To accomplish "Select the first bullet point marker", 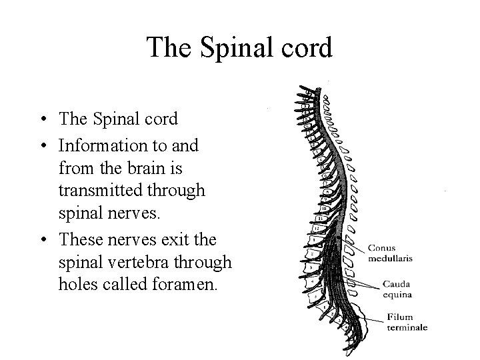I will (41, 121).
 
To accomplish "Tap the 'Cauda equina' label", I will (396, 289).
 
